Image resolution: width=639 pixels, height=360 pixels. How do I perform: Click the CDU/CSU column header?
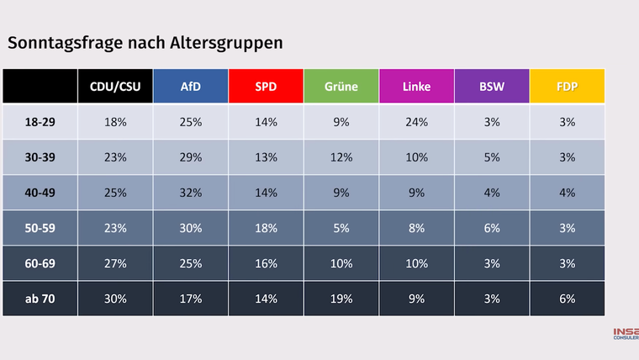(x=115, y=87)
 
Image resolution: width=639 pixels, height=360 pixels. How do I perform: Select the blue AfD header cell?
(x=191, y=87)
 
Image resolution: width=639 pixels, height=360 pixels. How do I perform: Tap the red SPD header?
(x=266, y=87)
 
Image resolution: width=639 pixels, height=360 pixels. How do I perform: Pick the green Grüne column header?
(x=341, y=87)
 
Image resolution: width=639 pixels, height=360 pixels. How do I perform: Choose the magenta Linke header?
(x=416, y=87)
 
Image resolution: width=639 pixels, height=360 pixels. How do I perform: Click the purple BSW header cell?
(x=492, y=87)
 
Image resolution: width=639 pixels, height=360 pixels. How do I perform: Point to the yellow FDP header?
(x=568, y=87)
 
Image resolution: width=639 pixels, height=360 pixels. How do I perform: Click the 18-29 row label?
(x=40, y=122)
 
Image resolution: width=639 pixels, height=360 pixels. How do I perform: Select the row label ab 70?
(x=40, y=299)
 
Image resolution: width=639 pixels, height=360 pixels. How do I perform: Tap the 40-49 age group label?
(x=40, y=193)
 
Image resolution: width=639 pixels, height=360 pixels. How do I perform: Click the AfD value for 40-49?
(x=191, y=193)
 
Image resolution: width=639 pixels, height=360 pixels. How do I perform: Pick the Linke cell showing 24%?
(x=416, y=122)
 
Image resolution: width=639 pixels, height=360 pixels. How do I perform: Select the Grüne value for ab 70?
(x=341, y=299)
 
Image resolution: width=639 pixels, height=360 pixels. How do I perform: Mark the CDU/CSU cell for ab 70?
(x=115, y=299)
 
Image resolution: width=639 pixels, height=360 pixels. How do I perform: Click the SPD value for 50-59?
(x=266, y=228)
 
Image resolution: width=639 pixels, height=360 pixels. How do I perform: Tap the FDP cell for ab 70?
(x=568, y=299)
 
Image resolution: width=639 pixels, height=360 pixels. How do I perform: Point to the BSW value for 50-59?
(x=492, y=228)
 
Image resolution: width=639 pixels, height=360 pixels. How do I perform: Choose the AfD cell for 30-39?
(x=191, y=157)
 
